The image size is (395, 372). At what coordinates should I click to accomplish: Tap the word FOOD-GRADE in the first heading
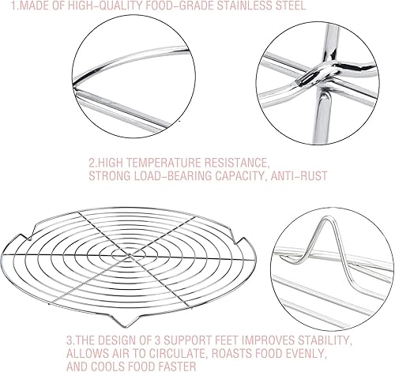pos(178,6)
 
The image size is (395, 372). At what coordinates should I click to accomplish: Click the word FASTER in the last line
pos(176,366)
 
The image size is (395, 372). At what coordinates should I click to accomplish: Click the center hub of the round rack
pos(130,255)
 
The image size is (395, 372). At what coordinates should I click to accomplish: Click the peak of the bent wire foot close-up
pos(327,218)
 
